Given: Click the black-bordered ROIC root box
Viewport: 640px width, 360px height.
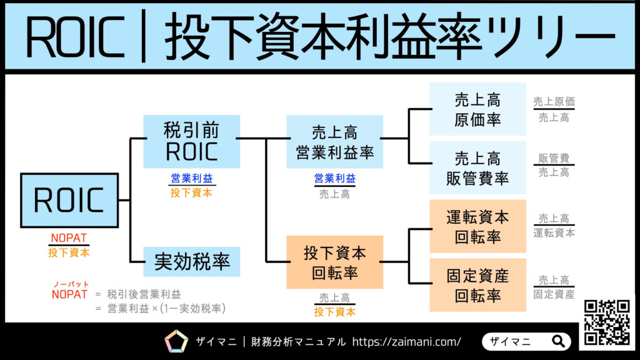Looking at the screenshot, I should tap(69, 201).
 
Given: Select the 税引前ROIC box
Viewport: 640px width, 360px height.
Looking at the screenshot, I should tap(191, 141).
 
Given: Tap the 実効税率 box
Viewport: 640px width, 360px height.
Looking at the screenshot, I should tap(191, 262).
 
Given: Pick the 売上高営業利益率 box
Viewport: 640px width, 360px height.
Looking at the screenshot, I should tap(334, 142).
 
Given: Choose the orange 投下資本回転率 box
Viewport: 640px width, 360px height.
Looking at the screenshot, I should tap(334, 262).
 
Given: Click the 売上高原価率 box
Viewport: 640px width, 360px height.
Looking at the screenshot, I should tap(478, 109).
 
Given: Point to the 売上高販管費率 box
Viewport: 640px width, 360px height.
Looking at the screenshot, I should tap(478, 167).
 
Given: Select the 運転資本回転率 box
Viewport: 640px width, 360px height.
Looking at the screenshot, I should tap(478, 227).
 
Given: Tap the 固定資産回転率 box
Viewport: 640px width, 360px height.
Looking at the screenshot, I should tap(478, 285).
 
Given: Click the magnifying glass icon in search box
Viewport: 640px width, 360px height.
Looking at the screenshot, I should tap(558, 341).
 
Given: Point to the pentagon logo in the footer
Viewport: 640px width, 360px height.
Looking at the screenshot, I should tap(176, 341).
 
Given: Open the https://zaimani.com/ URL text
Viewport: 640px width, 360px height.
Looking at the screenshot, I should tap(407, 342).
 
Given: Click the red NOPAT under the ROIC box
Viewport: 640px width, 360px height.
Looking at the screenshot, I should tap(69, 238).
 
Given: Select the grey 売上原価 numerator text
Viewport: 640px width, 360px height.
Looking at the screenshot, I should tap(554, 102).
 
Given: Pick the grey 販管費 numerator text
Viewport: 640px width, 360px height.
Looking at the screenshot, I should tap(554, 159).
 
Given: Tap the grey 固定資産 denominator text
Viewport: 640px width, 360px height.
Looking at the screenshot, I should tap(554, 294).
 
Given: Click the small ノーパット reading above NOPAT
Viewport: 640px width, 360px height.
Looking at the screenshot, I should tap(69, 284).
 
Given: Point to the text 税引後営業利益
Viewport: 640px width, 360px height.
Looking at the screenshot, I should tap(144, 294).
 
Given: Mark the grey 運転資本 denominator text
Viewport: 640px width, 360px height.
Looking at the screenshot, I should tap(554, 233).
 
